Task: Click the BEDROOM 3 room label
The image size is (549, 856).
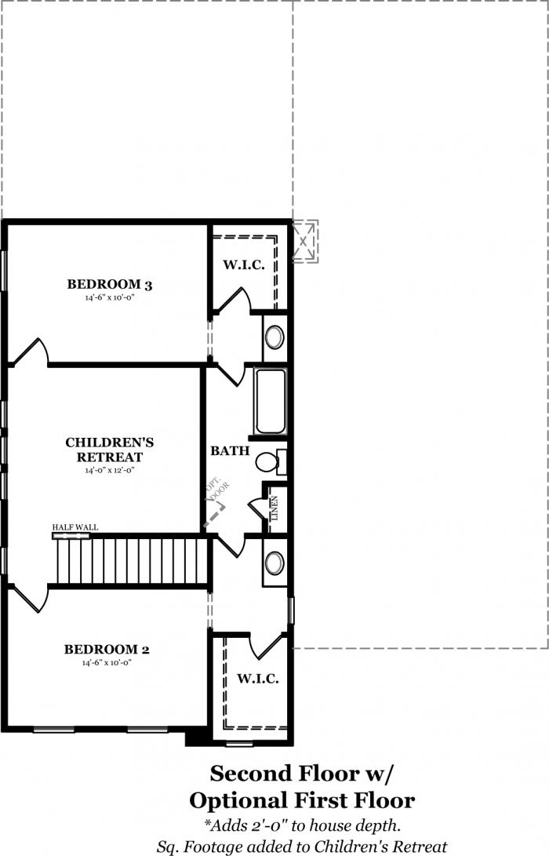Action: (x=110, y=284)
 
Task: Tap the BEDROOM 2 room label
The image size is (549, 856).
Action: (x=107, y=649)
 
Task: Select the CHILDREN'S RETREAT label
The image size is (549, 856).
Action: (x=110, y=450)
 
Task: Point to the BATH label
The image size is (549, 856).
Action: (x=230, y=451)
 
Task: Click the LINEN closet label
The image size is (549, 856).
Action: (x=274, y=508)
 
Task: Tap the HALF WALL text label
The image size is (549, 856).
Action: (x=75, y=527)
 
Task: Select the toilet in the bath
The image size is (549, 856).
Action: (x=271, y=462)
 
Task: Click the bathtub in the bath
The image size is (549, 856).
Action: (x=270, y=401)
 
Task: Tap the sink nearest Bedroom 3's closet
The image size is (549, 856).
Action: (x=274, y=337)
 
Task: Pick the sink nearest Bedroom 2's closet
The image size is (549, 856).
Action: (x=274, y=563)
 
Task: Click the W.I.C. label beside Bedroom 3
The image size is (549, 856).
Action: (x=244, y=265)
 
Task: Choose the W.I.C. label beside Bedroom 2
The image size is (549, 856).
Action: (x=257, y=679)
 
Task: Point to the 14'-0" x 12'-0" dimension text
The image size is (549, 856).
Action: (x=110, y=470)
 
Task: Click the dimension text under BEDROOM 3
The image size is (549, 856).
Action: (x=110, y=297)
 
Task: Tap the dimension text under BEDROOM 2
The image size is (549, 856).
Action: (x=107, y=663)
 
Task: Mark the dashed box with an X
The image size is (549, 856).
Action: (x=305, y=241)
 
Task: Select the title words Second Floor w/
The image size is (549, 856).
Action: (x=301, y=774)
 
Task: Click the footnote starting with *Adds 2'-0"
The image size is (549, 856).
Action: (x=302, y=825)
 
